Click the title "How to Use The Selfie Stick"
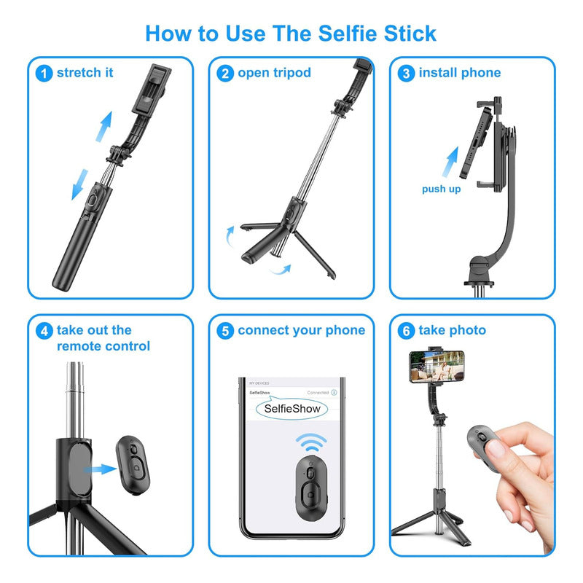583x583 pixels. pos(291,33)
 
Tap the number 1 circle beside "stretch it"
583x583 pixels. pos(44,73)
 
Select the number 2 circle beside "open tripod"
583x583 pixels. pos(226,73)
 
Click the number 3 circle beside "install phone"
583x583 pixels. pos(407,73)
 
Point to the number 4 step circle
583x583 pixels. pos(44,331)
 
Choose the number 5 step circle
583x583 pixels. pos(226,331)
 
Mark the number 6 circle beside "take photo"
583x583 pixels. pos(407,331)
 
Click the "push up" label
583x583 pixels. pos(441,189)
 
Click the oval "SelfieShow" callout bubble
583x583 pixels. pos(291,409)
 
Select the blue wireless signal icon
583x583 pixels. pos(310,444)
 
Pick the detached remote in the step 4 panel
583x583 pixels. pos(132,463)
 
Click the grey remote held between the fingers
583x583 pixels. pos(487,445)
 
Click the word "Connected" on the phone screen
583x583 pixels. pos(317,392)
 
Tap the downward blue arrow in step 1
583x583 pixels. pos(77,187)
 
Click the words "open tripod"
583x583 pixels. pos(274,73)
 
